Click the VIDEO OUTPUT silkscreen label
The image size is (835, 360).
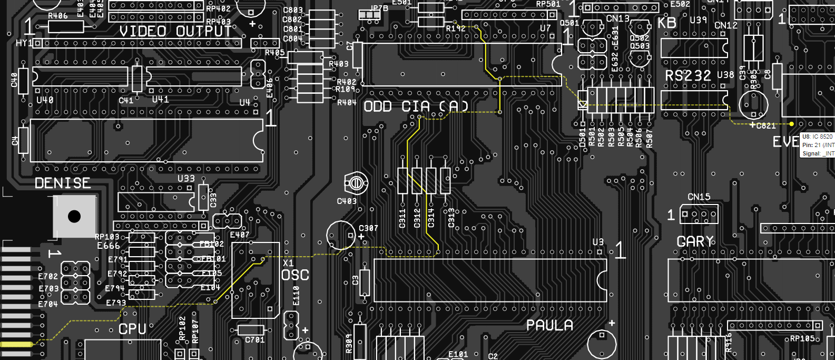click(175, 32)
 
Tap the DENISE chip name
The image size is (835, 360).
click(63, 183)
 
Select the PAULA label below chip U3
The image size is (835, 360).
click(549, 325)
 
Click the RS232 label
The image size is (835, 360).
click(687, 76)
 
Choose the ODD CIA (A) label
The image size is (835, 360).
click(416, 106)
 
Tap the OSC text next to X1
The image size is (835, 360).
click(295, 275)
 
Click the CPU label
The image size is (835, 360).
click(132, 329)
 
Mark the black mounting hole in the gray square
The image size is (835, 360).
click(74, 216)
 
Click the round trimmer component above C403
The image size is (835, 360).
click(356, 183)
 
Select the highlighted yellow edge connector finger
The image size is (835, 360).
click(16, 344)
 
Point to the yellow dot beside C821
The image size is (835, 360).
click(791, 124)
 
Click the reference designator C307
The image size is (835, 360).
click(368, 228)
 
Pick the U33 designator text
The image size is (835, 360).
click(186, 179)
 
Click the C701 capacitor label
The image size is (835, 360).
click(255, 340)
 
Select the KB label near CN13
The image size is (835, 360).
click(667, 23)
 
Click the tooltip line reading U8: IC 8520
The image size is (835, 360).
click(817, 137)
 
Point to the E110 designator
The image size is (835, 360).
click(296, 295)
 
